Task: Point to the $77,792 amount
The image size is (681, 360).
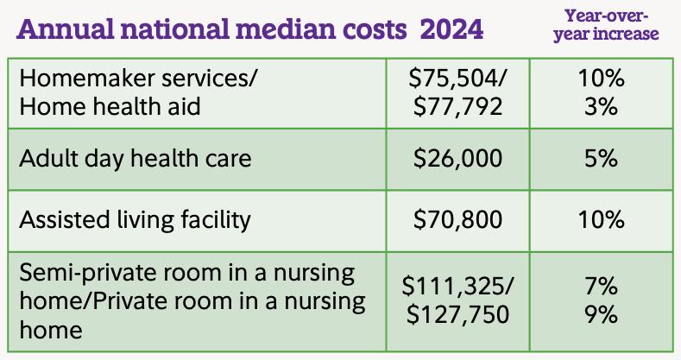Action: tap(458, 108)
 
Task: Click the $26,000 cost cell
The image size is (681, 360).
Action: tap(458, 159)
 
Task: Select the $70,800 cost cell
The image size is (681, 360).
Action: tap(458, 219)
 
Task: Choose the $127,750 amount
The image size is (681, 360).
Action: tap(458, 314)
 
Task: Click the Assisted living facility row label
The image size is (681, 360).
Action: tap(135, 219)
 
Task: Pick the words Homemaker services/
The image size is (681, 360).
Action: tap(138, 79)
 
